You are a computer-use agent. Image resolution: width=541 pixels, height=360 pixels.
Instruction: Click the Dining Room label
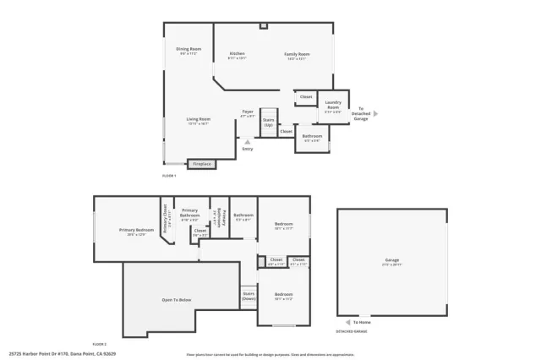189,49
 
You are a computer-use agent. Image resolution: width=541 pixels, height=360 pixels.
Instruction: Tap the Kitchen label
238,54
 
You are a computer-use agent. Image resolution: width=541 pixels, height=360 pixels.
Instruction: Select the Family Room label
297,54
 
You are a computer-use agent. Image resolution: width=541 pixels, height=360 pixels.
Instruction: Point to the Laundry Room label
332,106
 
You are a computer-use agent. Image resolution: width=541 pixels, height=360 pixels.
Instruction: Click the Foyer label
248,112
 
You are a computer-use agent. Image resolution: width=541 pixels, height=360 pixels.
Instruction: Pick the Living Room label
198,119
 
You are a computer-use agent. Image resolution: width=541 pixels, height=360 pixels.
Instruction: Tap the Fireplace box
201,164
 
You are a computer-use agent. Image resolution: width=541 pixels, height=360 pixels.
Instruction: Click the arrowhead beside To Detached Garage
376,113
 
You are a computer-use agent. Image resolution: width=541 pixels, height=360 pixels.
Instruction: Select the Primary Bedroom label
136,230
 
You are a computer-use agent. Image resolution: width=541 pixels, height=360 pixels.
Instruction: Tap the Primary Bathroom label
189,213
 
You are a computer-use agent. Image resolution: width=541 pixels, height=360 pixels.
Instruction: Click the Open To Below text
178,300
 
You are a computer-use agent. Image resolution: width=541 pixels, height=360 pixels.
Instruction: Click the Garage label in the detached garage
392,260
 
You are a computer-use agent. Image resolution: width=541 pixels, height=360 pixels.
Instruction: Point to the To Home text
362,322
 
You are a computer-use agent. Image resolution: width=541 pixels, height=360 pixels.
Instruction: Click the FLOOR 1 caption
169,175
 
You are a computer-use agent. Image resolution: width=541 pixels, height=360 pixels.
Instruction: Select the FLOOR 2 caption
99,344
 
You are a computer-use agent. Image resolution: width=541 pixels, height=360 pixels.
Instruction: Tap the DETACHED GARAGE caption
352,331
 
